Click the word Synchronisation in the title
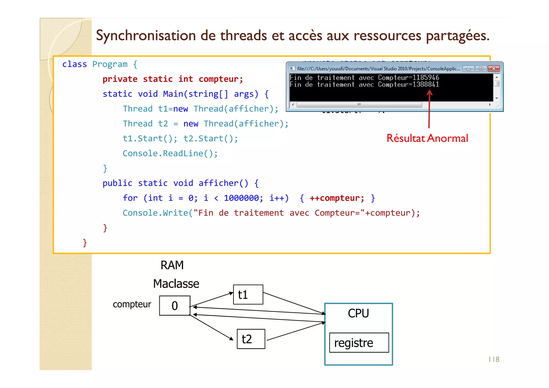tap(146, 36)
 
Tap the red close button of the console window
tap(494, 69)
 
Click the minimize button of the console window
tap(468, 69)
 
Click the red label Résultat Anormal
tap(427, 138)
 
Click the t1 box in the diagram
tap(248, 295)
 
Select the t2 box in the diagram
tap(251, 339)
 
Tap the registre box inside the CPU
tap(359, 343)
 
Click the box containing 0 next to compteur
tap(175, 306)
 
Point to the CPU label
tap(358, 313)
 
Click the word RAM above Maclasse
tap(172, 265)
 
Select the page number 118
tap(494, 359)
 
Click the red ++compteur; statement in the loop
tap(337, 198)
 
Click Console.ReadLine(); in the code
tap(170, 153)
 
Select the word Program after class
tap(110, 64)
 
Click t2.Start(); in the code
tap(210, 139)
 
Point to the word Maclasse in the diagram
tap(176, 284)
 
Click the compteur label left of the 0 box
tap(132, 304)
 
